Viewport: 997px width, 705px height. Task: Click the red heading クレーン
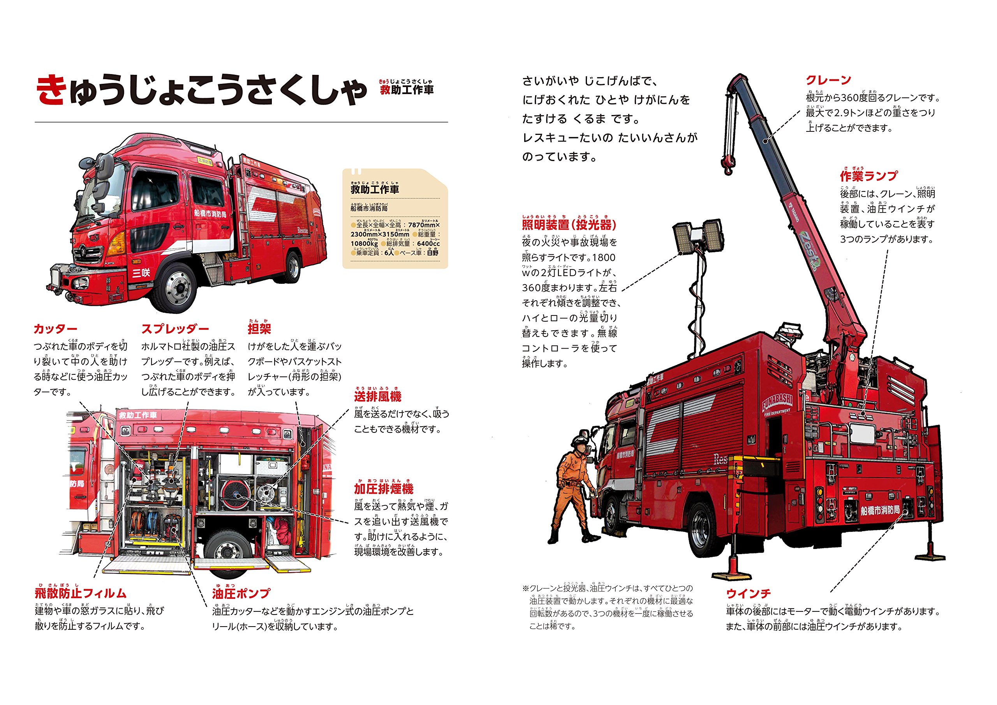click(x=828, y=80)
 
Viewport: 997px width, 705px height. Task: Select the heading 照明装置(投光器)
click(x=569, y=225)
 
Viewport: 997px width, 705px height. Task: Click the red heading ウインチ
click(x=748, y=593)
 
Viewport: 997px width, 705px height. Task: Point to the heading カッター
click(x=55, y=329)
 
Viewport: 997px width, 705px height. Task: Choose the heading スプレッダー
click(x=175, y=329)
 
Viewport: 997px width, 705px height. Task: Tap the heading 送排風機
click(x=377, y=397)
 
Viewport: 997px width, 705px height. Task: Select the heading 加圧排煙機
click(x=384, y=489)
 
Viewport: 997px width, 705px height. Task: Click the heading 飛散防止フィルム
click(x=81, y=593)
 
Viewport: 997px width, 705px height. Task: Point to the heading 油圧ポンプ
click(x=241, y=593)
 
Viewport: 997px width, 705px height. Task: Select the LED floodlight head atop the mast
click(x=698, y=237)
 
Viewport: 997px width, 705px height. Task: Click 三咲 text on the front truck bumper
click(x=141, y=273)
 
